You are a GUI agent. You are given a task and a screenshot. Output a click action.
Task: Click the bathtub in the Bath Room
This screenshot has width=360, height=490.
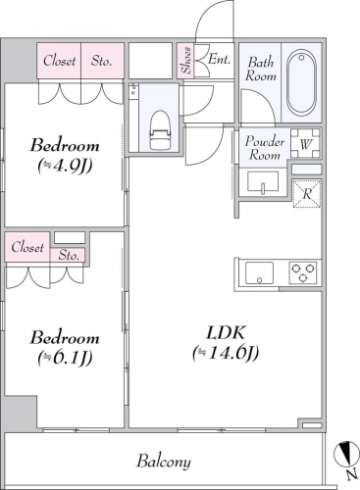tap(301, 83)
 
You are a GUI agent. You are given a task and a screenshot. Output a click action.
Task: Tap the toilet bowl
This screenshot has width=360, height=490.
tap(160, 129)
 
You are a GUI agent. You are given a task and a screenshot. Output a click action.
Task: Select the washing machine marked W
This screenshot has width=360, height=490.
tap(305, 143)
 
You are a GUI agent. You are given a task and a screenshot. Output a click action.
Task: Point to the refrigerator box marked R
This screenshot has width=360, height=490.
tap(307, 193)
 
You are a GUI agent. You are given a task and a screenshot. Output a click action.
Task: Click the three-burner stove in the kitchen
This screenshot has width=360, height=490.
tap(303, 272)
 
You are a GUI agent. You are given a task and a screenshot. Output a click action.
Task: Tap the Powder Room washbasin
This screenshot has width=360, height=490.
tap(263, 182)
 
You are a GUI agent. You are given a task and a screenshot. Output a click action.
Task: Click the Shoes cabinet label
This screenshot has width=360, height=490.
tap(186, 61)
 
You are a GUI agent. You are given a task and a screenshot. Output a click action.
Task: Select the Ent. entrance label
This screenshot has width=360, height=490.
tap(220, 59)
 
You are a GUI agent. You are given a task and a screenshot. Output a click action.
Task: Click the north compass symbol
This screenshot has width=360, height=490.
tap(346, 453)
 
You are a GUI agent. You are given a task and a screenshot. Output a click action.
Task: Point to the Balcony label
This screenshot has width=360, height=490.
tap(164, 462)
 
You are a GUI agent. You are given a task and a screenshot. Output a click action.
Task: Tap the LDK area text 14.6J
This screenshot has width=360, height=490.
tap(226, 353)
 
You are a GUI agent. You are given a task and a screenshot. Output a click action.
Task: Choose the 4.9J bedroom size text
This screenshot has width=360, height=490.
tap(65, 166)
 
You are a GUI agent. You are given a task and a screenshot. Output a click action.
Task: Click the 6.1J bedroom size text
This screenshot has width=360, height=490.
tap(65, 358)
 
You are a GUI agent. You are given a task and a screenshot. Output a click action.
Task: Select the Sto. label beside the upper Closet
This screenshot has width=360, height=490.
tap(102, 61)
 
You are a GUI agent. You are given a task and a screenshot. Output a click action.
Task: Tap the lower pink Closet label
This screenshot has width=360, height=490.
tap(27, 247)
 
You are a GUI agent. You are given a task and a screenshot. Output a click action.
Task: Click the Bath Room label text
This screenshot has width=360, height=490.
tap(261, 69)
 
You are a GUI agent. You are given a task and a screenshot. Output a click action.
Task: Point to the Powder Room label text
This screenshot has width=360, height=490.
tap(265, 148)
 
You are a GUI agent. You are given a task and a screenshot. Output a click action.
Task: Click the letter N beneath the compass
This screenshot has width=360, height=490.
tap(351, 475)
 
